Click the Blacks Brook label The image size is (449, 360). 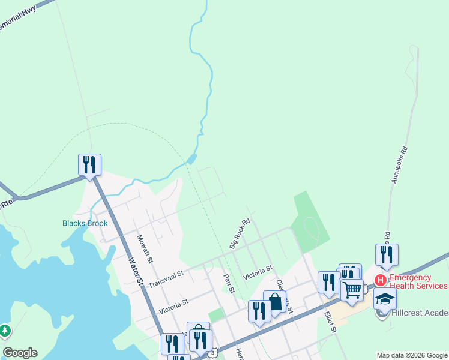tap(85, 223)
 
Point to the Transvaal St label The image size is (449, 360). tap(165, 277)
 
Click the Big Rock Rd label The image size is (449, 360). tap(239, 233)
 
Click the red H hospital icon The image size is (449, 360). tap(379, 280)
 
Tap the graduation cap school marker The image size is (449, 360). tap(385, 298)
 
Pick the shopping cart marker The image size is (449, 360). tap(352, 290)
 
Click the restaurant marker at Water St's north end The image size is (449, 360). tap(89, 164)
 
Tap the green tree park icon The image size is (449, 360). tap(5, 330)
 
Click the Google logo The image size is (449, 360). tap(20, 353)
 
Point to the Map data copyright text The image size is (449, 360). tap(411, 355)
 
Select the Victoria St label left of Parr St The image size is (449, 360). tap(173, 307)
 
